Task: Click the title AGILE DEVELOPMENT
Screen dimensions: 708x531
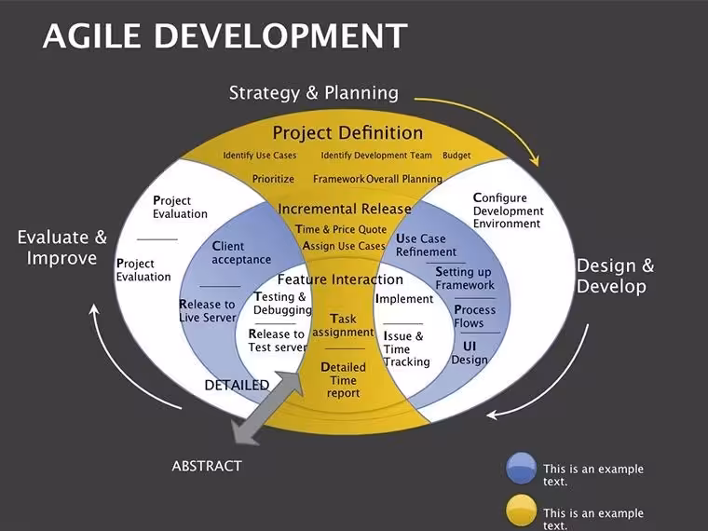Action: tap(225, 35)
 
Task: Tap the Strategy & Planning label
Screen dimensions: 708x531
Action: tap(314, 93)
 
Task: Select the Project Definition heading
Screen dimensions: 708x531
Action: tap(347, 132)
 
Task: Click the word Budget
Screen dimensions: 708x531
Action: tap(456, 156)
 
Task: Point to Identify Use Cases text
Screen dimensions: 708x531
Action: tap(260, 156)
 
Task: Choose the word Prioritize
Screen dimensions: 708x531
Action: tap(273, 179)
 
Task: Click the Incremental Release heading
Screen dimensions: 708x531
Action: tap(345, 209)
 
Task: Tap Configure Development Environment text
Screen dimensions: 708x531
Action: tap(509, 211)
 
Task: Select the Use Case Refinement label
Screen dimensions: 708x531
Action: tap(427, 245)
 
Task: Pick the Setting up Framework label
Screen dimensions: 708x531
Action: tap(465, 279)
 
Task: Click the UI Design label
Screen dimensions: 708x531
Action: tap(470, 353)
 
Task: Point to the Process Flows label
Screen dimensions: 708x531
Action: tap(474, 316)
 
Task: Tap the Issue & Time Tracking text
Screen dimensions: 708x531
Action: tap(406, 348)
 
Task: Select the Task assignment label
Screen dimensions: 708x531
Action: tap(343, 325)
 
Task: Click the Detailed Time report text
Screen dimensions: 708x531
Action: tap(343, 380)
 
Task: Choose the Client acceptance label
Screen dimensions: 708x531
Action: tap(241, 252)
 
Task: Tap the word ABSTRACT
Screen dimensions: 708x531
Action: tap(207, 466)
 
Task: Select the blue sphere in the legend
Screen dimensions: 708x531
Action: tap(521, 469)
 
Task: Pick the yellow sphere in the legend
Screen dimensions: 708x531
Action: tap(521, 511)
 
